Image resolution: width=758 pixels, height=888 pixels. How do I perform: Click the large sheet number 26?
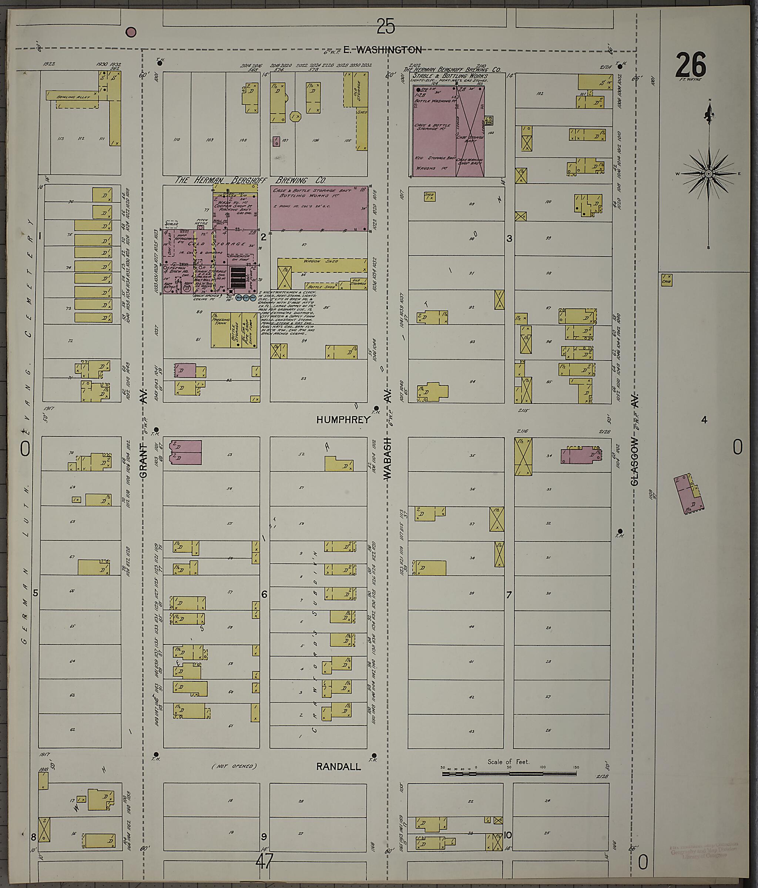pyautogui.click(x=690, y=65)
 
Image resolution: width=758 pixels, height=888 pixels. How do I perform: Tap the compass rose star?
pyautogui.click(x=708, y=174)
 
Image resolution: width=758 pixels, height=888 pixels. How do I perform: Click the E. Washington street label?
pyautogui.click(x=382, y=50)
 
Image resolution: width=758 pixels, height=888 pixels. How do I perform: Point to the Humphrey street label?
pyautogui.click(x=342, y=420)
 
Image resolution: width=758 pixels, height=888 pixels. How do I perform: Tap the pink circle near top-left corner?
pyautogui.click(x=131, y=32)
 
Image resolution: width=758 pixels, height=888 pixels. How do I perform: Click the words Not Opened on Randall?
pyautogui.click(x=234, y=766)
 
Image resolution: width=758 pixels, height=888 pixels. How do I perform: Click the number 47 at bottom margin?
pyautogui.click(x=264, y=861)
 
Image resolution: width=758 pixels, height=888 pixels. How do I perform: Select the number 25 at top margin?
pyautogui.click(x=385, y=27)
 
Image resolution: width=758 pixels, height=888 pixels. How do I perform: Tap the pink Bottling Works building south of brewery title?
pyautogui.click(x=319, y=209)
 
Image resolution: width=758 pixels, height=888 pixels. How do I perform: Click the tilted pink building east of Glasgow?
pyautogui.click(x=688, y=494)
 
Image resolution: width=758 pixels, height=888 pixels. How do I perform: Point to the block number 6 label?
pyautogui.click(x=264, y=594)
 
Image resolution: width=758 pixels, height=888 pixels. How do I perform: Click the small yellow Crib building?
pyautogui.click(x=666, y=280)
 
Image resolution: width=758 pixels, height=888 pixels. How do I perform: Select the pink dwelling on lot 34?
pyautogui.click(x=581, y=455)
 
